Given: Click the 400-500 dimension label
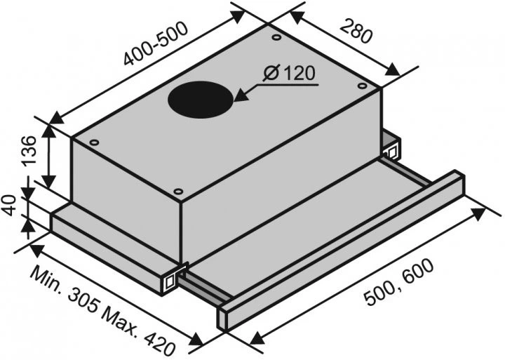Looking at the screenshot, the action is point(156,44).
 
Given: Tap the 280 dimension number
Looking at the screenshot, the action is point(356,31).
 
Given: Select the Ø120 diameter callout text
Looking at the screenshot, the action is point(288,74).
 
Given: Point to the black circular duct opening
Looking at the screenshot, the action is point(201,99).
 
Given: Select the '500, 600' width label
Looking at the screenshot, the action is point(399,282).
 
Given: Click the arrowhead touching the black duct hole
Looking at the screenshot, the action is point(242,95).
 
